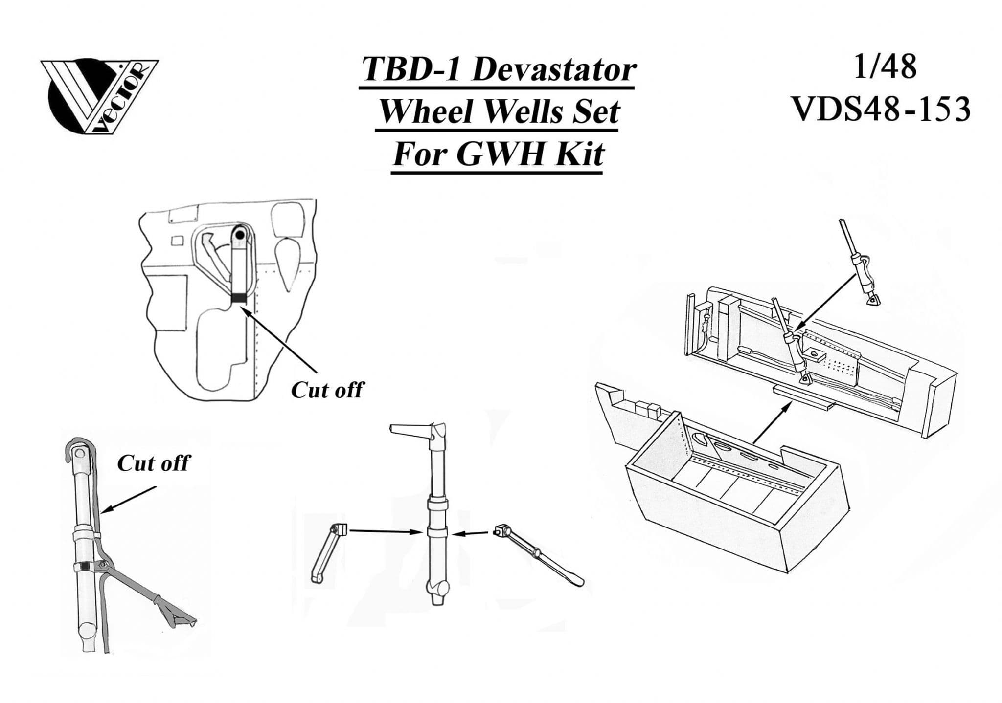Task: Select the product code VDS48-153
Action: point(881,109)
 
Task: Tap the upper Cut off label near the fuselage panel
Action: point(327,390)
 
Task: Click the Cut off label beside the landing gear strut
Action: point(153,463)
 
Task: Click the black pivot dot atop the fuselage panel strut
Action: point(240,235)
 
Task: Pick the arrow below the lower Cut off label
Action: point(130,500)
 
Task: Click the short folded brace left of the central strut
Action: point(327,552)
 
